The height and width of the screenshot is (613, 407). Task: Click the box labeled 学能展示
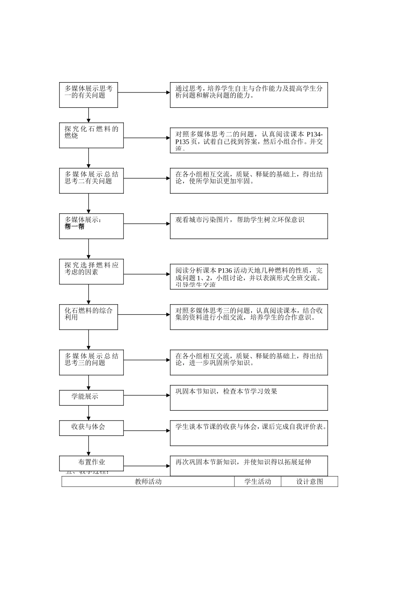(x=91, y=397)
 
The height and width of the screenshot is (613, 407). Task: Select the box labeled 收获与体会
(x=91, y=427)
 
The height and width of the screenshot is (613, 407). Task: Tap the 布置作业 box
(x=91, y=462)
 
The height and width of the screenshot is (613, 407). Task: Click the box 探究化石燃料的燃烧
(x=91, y=136)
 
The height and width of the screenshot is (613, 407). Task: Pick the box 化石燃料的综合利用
(x=88, y=317)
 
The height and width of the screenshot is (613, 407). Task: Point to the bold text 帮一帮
(x=75, y=227)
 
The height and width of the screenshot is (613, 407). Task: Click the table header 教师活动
(x=148, y=482)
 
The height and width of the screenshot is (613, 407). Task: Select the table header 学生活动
(x=257, y=482)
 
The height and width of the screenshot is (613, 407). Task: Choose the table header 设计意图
(x=309, y=482)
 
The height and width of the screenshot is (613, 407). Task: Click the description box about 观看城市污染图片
(x=248, y=226)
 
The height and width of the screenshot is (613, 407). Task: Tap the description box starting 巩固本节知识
(x=248, y=398)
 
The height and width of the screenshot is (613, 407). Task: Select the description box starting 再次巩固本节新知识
(x=248, y=466)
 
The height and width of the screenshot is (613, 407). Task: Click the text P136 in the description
(x=224, y=270)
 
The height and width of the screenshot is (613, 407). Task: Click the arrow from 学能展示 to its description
(x=147, y=396)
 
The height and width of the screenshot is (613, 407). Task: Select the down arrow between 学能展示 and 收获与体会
(x=89, y=413)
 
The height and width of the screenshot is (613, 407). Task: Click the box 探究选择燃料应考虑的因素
(x=91, y=272)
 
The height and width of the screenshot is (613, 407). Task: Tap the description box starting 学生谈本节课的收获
(x=248, y=433)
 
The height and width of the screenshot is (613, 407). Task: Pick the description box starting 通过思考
(x=248, y=95)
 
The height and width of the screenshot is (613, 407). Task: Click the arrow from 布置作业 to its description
(x=147, y=466)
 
